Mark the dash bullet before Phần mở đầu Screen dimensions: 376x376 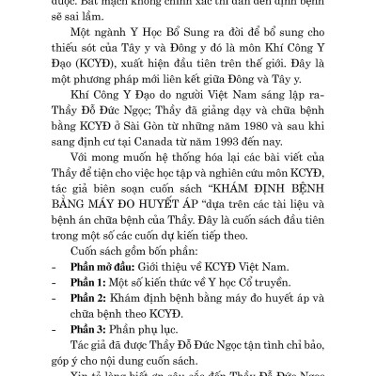tap(60, 268)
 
